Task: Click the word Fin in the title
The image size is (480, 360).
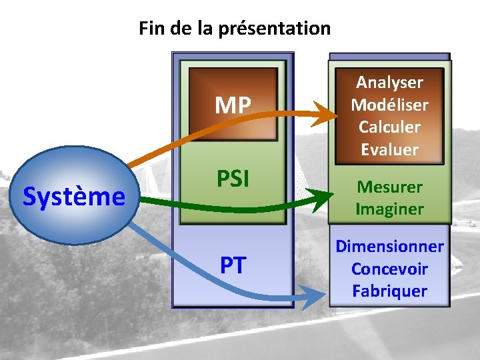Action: tap(149, 29)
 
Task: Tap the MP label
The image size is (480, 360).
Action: tap(233, 105)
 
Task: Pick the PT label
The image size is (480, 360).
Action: tap(233, 265)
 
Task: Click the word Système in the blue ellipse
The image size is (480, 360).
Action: tap(74, 197)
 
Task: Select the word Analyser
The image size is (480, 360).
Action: tap(389, 82)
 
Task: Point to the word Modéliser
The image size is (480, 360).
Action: tap(389, 105)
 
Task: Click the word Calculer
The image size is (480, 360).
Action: tap(389, 127)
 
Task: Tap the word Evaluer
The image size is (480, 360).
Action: tap(389, 149)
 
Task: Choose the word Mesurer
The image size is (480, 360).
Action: tap(389, 186)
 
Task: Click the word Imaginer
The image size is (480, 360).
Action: tap(389, 209)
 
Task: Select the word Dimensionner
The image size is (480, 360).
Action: tap(389, 246)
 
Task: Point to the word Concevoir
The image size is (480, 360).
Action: tap(389, 269)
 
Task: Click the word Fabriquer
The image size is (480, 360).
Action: tap(389, 291)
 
